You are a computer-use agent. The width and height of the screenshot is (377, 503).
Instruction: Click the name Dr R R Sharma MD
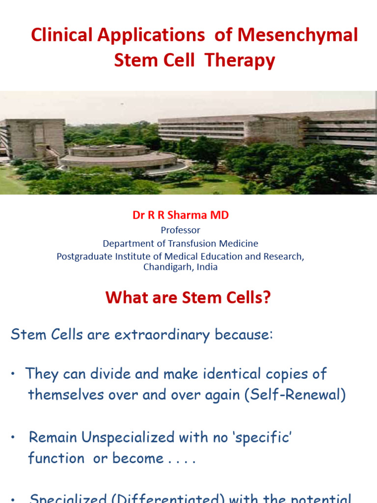181,215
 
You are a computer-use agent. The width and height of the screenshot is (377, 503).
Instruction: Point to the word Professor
181,230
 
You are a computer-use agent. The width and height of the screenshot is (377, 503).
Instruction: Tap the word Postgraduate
83,256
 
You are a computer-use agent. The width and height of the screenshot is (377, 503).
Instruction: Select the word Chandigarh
166,267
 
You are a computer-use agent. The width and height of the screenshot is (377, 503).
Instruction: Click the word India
206,267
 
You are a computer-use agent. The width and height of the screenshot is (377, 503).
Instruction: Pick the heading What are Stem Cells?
188,297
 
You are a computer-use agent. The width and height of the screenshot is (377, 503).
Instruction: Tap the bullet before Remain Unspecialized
16,438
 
